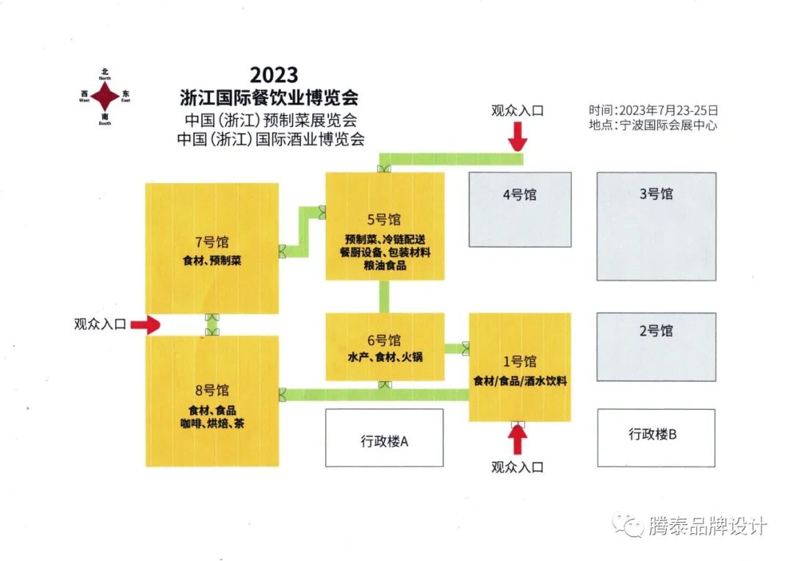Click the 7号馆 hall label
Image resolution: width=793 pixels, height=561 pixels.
(212, 243)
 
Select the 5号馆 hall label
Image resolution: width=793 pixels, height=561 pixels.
(385, 219)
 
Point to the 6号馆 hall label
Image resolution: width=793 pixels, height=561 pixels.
(385, 340)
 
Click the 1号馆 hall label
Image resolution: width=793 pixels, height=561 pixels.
(520, 361)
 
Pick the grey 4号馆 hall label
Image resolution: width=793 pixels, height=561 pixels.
(520, 195)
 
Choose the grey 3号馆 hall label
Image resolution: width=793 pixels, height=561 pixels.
(656, 195)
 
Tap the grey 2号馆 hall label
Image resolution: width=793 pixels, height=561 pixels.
(656, 331)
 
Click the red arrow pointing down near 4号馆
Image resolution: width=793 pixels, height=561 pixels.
(518, 137)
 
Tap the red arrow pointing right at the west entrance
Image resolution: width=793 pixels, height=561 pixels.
(145, 324)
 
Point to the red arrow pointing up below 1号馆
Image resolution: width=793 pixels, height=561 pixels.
(518, 440)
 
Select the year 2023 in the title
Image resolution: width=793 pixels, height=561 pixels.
(274, 75)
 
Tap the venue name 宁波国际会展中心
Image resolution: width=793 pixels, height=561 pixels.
(668, 125)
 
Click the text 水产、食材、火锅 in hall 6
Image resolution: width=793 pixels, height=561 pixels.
(385, 358)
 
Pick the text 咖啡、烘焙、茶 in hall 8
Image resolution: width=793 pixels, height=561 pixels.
(212, 424)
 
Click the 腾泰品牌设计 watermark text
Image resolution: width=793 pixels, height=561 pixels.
(708, 526)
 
